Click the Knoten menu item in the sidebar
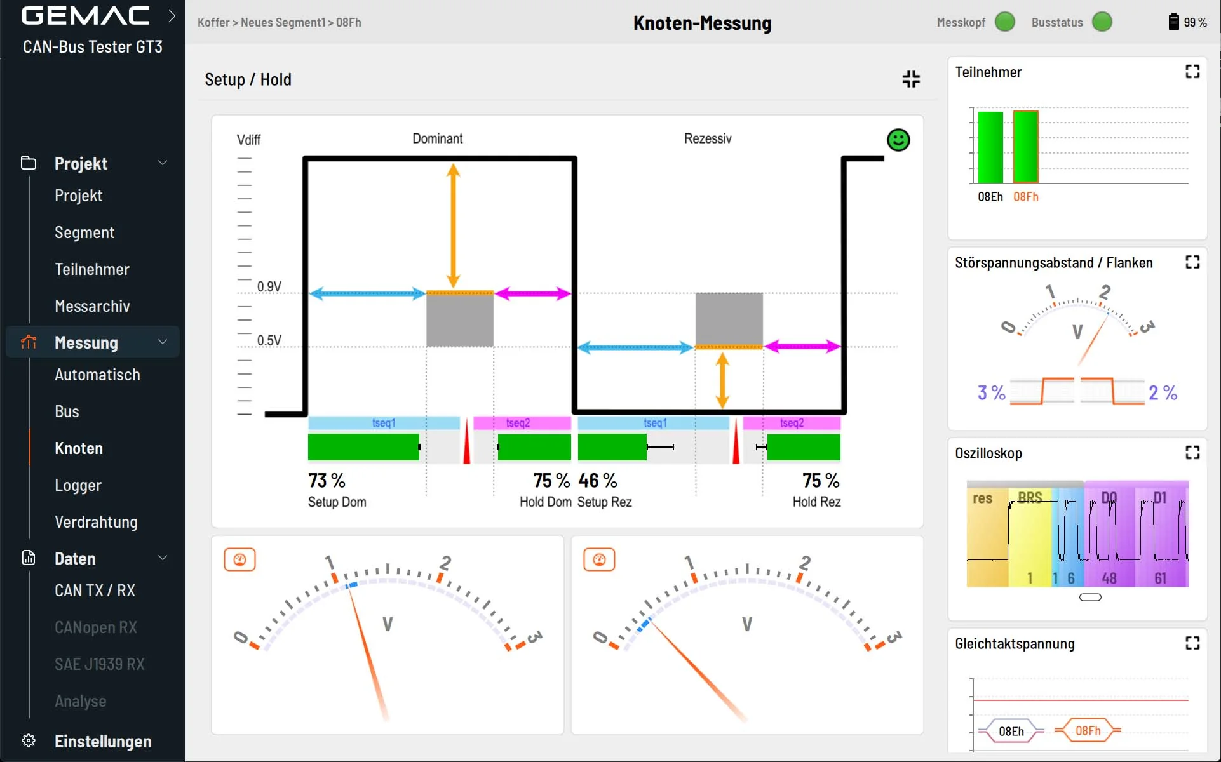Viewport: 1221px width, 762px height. pyautogui.click(x=78, y=448)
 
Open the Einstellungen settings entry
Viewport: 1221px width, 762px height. pyautogui.click(x=103, y=741)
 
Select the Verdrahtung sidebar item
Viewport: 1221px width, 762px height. pyautogui.click(x=96, y=522)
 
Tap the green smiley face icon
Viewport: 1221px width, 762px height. pyautogui.click(x=898, y=140)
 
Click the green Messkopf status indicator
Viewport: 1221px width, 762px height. pyautogui.click(x=1005, y=22)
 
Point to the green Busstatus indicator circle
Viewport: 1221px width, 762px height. pyautogui.click(x=1102, y=22)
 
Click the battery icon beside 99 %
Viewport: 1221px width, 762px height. pyautogui.click(x=1173, y=22)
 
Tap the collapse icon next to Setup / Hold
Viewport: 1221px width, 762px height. pyautogui.click(x=911, y=79)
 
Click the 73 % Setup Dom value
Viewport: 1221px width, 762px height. pyautogui.click(x=327, y=481)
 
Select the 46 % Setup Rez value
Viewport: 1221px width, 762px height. pyautogui.click(x=598, y=481)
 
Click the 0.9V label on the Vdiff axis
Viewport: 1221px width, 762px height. pyautogui.click(x=269, y=286)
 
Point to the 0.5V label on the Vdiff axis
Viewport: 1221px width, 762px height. pyautogui.click(x=269, y=340)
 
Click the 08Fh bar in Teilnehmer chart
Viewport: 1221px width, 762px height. pyautogui.click(x=1025, y=147)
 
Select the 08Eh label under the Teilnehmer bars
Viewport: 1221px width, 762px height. pyautogui.click(x=990, y=197)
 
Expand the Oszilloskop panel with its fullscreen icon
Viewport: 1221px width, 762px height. pyautogui.click(x=1192, y=452)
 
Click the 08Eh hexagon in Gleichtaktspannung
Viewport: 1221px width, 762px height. pyautogui.click(x=1011, y=732)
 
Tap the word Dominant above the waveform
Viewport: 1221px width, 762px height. pyautogui.click(x=438, y=138)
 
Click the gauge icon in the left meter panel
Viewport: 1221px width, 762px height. pyautogui.click(x=239, y=559)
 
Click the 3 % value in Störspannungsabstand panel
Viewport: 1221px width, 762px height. pyautogui.click(x=991, y=393)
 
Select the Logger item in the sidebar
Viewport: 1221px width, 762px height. pyautogui.click(x=78, y=485)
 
